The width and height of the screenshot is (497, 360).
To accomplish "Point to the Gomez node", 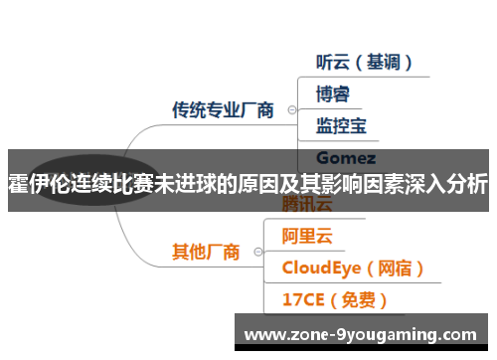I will [x=345, y=157].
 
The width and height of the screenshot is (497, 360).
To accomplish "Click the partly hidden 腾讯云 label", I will [x=307, y=204].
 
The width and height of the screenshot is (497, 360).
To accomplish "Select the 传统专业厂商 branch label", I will [x=223, y=109].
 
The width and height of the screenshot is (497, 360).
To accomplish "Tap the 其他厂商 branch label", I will [x=206, y=252].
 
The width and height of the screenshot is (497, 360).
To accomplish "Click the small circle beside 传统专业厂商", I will [x=291, y=109].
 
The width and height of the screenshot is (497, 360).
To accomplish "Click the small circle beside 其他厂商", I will [x=257, y=252].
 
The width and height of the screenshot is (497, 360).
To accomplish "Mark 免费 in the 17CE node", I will [x=362, y=298].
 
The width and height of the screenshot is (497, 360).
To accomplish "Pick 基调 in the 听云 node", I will [x=377, y=62].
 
